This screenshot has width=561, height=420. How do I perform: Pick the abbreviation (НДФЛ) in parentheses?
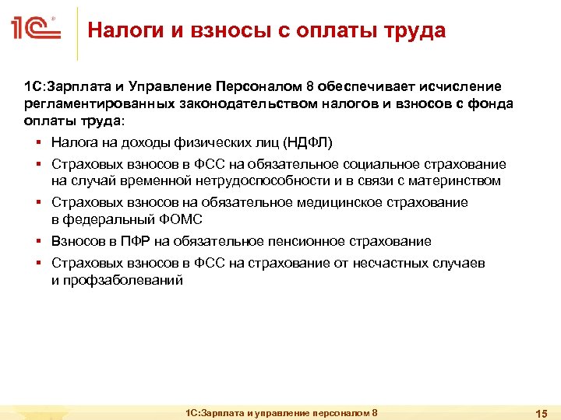point(309,142)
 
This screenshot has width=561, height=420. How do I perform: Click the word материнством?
point(457,180)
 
